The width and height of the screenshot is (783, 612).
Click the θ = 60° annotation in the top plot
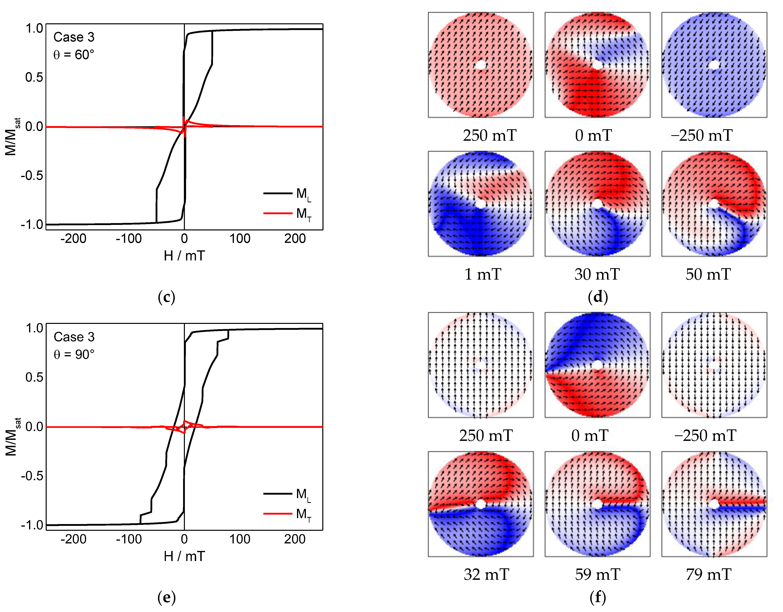[x=74, y=55]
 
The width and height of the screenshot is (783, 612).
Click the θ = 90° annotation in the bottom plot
[x=74, y=355]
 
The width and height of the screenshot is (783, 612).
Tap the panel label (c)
[x=166, y=297]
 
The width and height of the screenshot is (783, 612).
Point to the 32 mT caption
[x=486, y=575]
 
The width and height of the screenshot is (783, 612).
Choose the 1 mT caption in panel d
[x=483, y=274]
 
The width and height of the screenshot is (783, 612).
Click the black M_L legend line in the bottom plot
[x=278, y=494]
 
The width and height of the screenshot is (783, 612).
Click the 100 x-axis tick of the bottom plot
[x=239, y=539]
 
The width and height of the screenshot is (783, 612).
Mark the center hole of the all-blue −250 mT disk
[x=714, y=65]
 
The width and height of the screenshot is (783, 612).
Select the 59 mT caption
[x=597, y=575]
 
